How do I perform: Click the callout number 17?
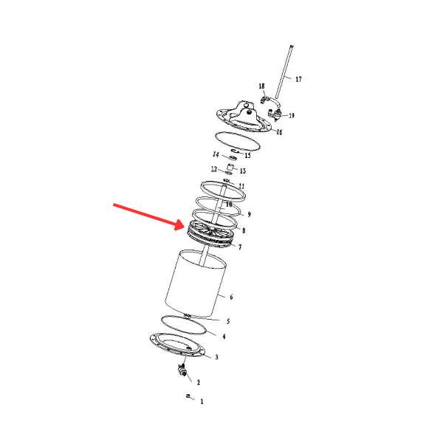pyautogui.click(x=298, y=78)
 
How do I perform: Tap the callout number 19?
pyautogui.click(x=292, y=116)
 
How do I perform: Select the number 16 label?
pyautogui.click(x=279, y=132)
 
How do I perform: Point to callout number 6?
pyautogui.click(x=231, y=298)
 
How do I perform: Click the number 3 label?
pyautogui.click(x=216, y=357)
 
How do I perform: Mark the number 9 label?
pyautogui.click(x=249, y=215)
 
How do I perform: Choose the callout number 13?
pyautogui.click(x=242, y=171)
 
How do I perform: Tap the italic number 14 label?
pyautogui.click(x=216, y=155)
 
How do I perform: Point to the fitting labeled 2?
pyautogui.click(x=181, y=370)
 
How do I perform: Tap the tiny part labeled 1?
pyautogui.click(x=189, y=397)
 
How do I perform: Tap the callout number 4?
pyautogui.click(x=223, y=337)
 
